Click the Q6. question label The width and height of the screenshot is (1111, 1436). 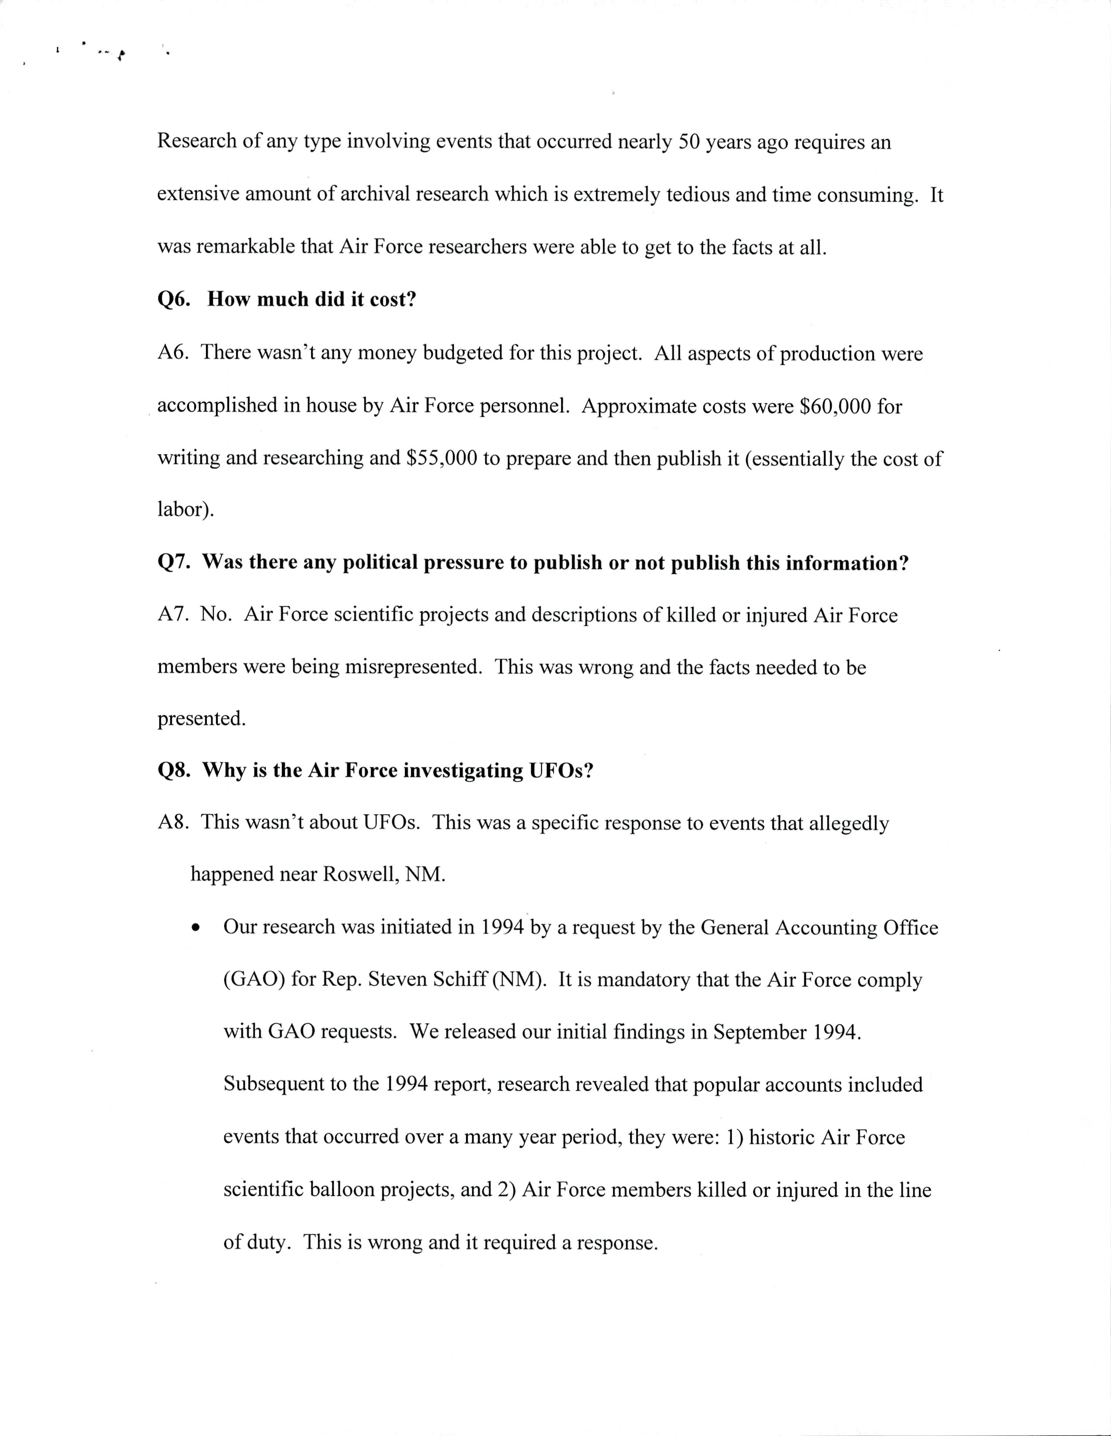pos(174,300)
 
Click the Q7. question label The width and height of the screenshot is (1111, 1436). pos(174,562)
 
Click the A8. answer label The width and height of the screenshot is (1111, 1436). pos(174,823)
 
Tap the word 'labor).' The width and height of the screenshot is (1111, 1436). pos(185,509)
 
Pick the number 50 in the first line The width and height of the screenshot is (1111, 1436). pos(689,142)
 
